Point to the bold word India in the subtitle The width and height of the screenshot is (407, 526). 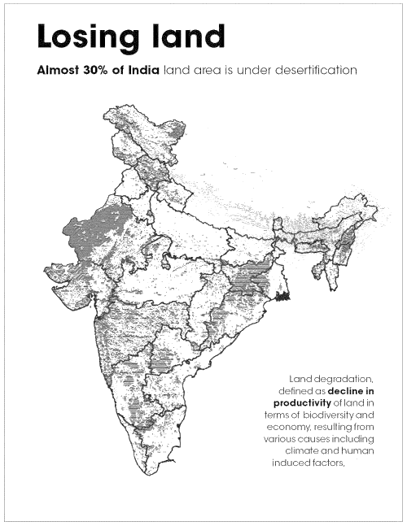coord(142,70)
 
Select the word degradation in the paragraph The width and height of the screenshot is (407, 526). coord(344,379)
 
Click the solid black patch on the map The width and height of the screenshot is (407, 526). coord(283,298)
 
